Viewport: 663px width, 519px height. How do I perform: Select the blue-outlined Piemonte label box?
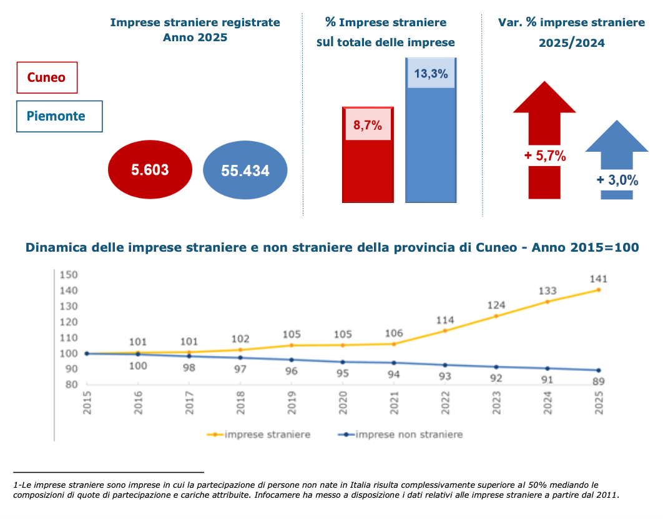coord(59,116)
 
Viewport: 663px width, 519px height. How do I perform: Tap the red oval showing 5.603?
coord(150,169)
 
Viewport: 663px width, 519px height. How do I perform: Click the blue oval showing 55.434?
coord(245,171)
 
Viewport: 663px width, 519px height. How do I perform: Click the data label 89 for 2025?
coord(599,381)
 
